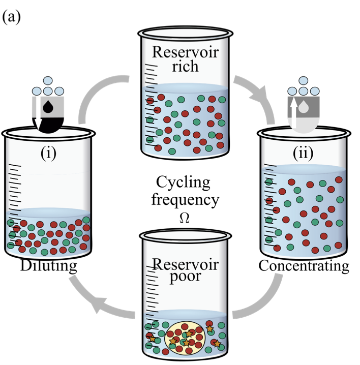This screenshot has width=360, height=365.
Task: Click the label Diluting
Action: (49, 266)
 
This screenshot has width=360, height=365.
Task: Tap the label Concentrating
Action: (304, 266)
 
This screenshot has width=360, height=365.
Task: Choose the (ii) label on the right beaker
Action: (304, 153)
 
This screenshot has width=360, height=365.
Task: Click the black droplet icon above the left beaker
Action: (49, 107)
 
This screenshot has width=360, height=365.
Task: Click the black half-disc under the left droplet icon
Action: (49, 124)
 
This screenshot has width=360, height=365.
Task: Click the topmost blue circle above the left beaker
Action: (49, 80)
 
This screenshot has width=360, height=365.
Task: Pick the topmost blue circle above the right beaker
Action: (304, 80)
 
